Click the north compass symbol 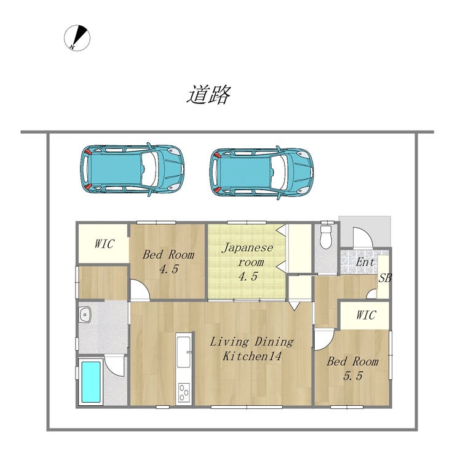pos(77,38)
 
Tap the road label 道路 pos(208,94)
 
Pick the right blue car pos(261,172)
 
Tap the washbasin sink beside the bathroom pos(85,315)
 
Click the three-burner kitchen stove pos(184,393)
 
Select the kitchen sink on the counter pos(184,352)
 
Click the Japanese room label pos(248,262)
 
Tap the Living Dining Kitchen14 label pos(251,349)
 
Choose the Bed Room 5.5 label pos(352,369)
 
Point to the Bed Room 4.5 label pos(168,262)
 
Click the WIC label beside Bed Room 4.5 pos(104,244)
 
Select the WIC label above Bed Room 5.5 pos(366,315)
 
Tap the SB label pos(385,278)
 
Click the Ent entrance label pos(365,262)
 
